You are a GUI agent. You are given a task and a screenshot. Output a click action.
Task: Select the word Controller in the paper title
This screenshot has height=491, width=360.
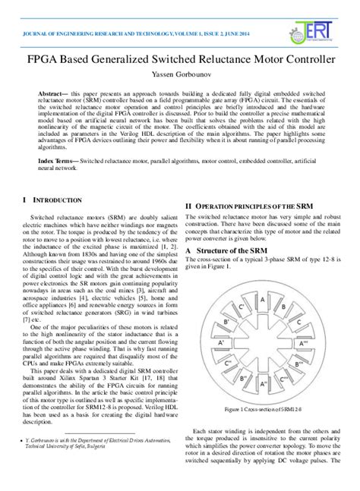[x=304, y=58]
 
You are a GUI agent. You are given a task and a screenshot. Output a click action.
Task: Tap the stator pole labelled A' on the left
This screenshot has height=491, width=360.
[x=221, y=342]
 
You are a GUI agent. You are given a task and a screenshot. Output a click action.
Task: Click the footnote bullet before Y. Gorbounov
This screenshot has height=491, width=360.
[x=27, y=439]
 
